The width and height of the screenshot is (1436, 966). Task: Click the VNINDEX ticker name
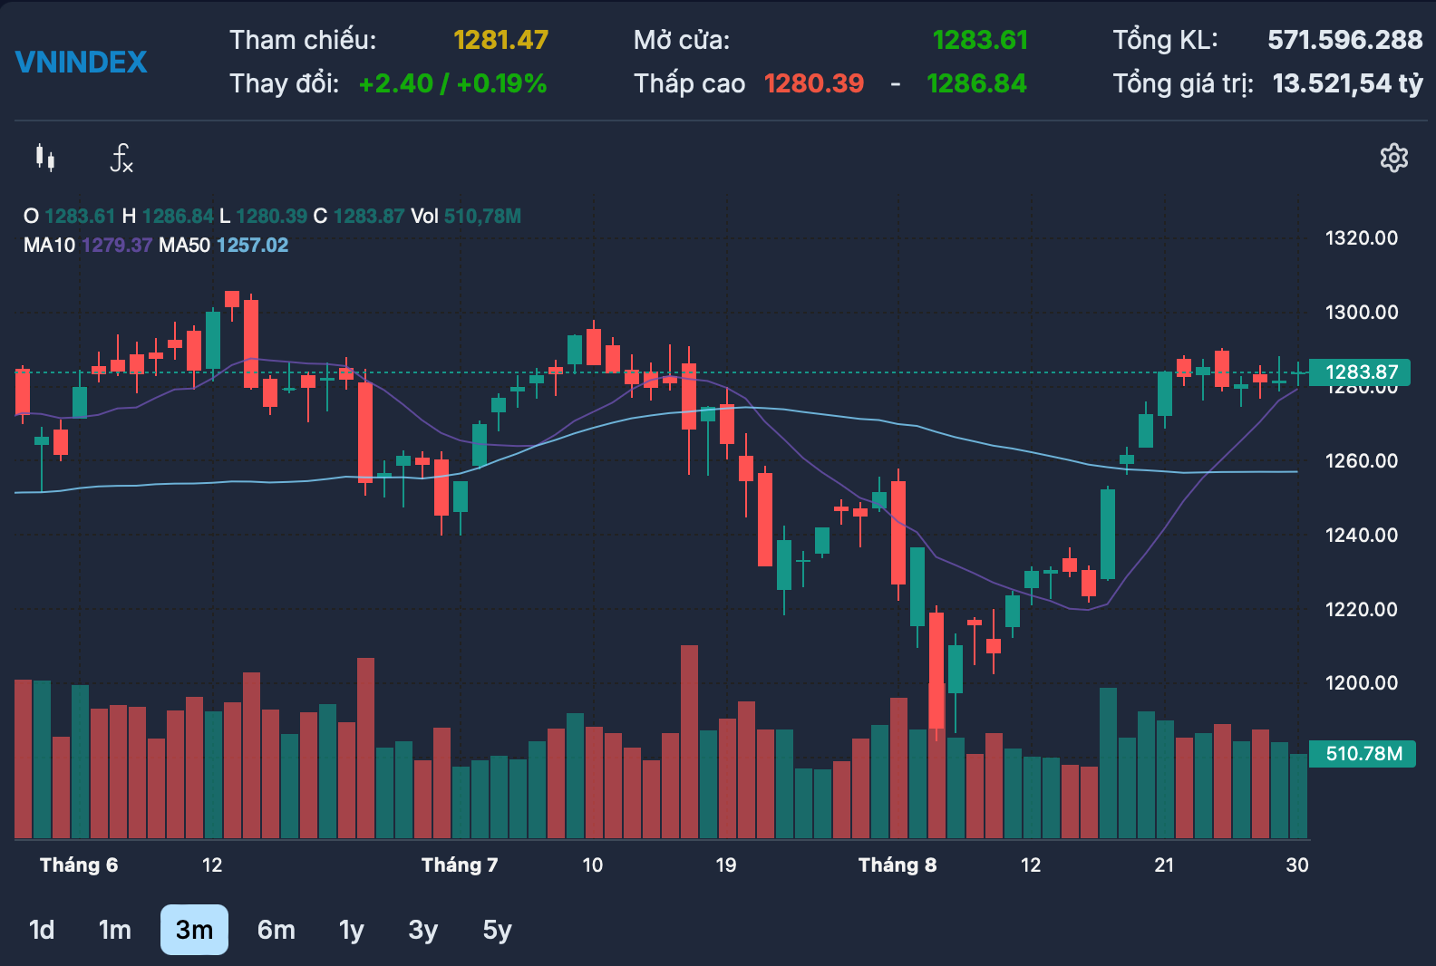tap(82, 63)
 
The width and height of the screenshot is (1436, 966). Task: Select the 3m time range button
tap(194, 930)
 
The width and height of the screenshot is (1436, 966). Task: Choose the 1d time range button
tap(42, 930)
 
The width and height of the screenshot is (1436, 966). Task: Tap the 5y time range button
tap(498, 931)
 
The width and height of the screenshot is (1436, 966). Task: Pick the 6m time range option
tap(277, 930)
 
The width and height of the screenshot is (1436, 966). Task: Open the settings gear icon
tap(1393, 159)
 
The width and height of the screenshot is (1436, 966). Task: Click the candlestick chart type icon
tap(45, 158)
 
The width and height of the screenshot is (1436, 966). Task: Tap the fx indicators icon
tap(121, 159)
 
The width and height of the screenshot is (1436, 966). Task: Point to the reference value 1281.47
tap(500, 41)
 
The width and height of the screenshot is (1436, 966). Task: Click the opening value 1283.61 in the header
tap(980, 41)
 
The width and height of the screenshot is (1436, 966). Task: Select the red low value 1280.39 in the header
tap(814, 84)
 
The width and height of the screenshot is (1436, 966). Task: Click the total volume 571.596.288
tap(1345, 41)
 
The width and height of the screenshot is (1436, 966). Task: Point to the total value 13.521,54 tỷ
tap(1347, 84)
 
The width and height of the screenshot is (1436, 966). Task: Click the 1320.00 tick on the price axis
tap(1361, 238)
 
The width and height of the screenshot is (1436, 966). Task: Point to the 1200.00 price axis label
tap(1361, 682)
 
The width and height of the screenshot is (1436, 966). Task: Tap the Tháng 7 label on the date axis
tap(460, 865)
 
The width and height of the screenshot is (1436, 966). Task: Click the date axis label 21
tap(1164, 865)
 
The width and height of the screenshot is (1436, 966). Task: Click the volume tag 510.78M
tap(1362, 753)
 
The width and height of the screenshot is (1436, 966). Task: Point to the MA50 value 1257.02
tap(253, 245)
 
